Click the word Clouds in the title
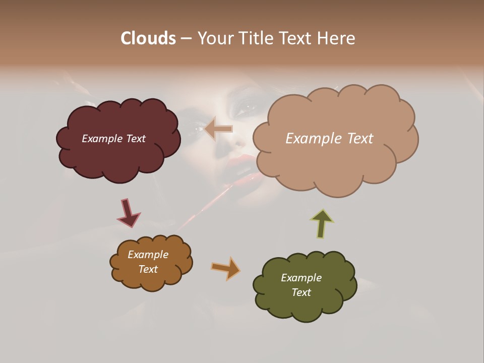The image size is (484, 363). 148,38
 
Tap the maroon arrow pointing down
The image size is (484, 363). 128,213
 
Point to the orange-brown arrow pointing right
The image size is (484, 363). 226,268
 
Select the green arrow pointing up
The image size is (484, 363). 322,223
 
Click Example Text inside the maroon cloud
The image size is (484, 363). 113,139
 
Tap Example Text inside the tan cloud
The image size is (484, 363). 329,139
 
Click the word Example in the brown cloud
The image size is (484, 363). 148,255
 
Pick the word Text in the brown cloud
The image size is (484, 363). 148,269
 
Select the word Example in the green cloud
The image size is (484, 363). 301,278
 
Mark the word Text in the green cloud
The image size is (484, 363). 301,292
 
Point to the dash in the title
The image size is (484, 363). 186,39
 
